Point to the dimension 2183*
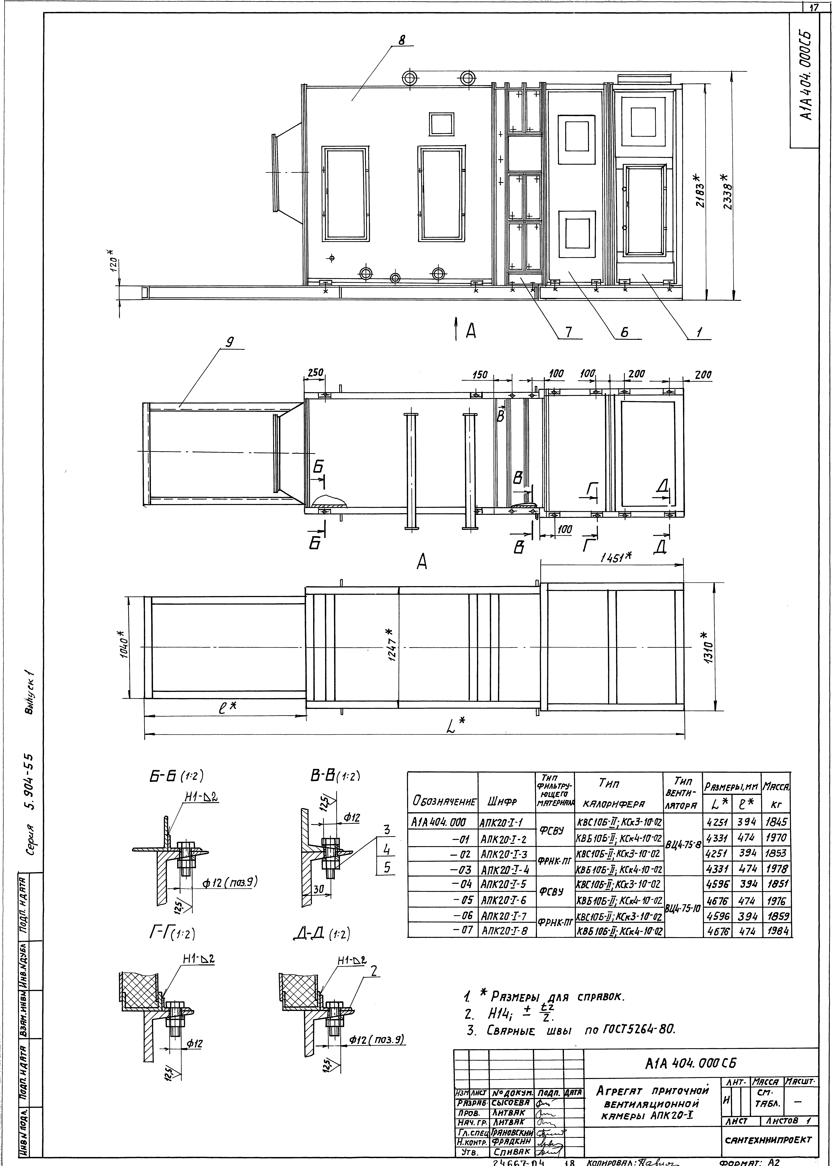point(697,190)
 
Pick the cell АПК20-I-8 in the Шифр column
point(506,931)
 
